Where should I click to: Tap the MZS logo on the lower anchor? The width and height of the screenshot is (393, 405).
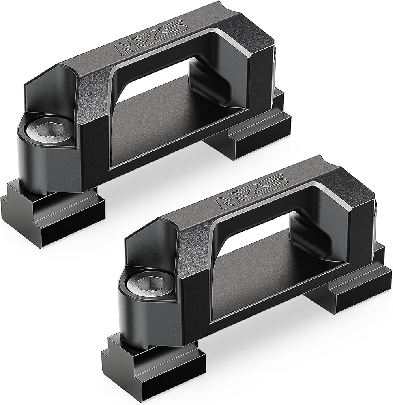pyautogui.click(x=251, y=191)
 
